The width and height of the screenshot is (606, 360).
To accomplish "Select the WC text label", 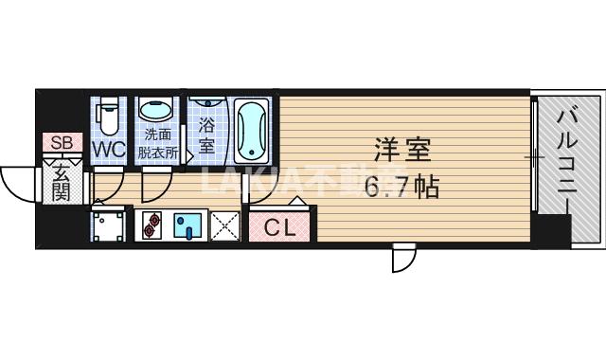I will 110,150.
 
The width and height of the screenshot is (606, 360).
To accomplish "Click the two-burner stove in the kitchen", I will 153,225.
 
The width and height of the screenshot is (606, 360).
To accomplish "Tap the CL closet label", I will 280,227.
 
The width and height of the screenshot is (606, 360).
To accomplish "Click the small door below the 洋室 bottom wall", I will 404,259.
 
